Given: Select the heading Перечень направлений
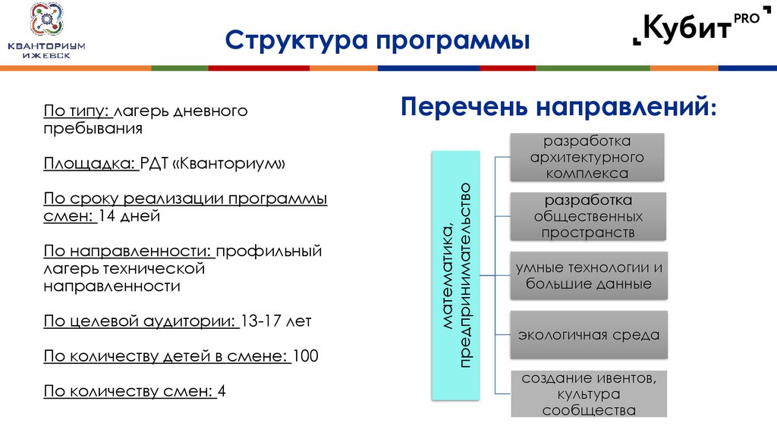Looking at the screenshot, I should click(558, 106).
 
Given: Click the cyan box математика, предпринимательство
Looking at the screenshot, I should click(455, 275).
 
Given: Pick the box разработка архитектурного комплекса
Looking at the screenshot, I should click(587, 158).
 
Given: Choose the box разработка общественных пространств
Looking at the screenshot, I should click(587, 217).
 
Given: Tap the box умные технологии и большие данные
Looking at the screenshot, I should click(589, 276).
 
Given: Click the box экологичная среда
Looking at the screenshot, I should click(589, 334).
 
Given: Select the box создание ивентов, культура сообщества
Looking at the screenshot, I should click(589, 394).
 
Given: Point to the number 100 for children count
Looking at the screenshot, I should click(305, 356).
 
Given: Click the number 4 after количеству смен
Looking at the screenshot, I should click(222, 391).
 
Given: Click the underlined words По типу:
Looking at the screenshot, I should click(78, 111).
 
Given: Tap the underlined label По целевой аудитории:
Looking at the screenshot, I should click(141, 321).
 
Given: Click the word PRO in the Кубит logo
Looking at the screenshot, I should click(746, 20).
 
